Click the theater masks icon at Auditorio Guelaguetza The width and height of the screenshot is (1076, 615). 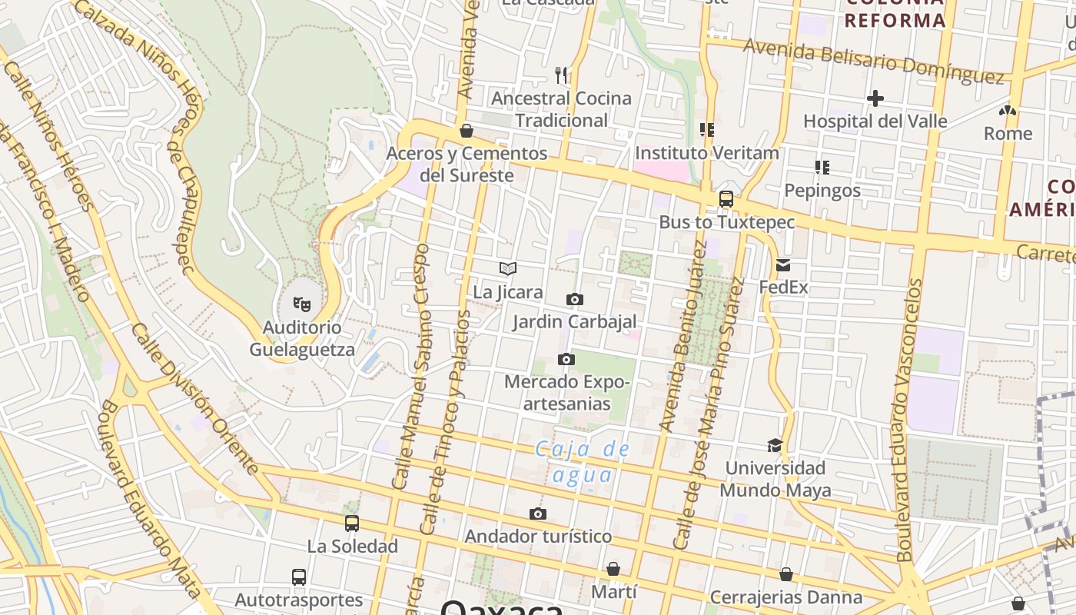[x=302, y=304]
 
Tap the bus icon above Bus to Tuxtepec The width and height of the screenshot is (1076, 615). [x=726, y=199]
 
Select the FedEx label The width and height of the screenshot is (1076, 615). [x=783, y=288]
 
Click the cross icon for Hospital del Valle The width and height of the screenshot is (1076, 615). [x=875, y=98]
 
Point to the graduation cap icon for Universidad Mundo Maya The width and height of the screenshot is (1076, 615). [x=775, y=445]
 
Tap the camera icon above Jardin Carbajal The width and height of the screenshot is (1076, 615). [x=574, y=299]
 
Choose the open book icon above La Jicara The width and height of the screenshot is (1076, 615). [x=508, y=268]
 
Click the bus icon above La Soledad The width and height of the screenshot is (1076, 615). [x=352, y=524]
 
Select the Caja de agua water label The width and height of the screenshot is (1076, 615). [x=583, y=462]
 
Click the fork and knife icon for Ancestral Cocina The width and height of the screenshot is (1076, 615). [x=562, y=75]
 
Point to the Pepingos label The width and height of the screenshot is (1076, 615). [x=822, y=190]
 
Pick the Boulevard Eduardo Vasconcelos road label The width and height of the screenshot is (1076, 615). [x=909, y=419]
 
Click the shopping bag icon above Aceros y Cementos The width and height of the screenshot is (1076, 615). [x=466, y=131]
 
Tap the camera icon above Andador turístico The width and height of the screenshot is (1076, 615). [x=538, y=514]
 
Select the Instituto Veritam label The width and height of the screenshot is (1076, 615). [x=707, y=153]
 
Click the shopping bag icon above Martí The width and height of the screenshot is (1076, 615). [x=613, y=569]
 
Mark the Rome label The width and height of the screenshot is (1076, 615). [x=1008, y=133]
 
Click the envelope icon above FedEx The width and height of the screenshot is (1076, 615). [x=783, y=265]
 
